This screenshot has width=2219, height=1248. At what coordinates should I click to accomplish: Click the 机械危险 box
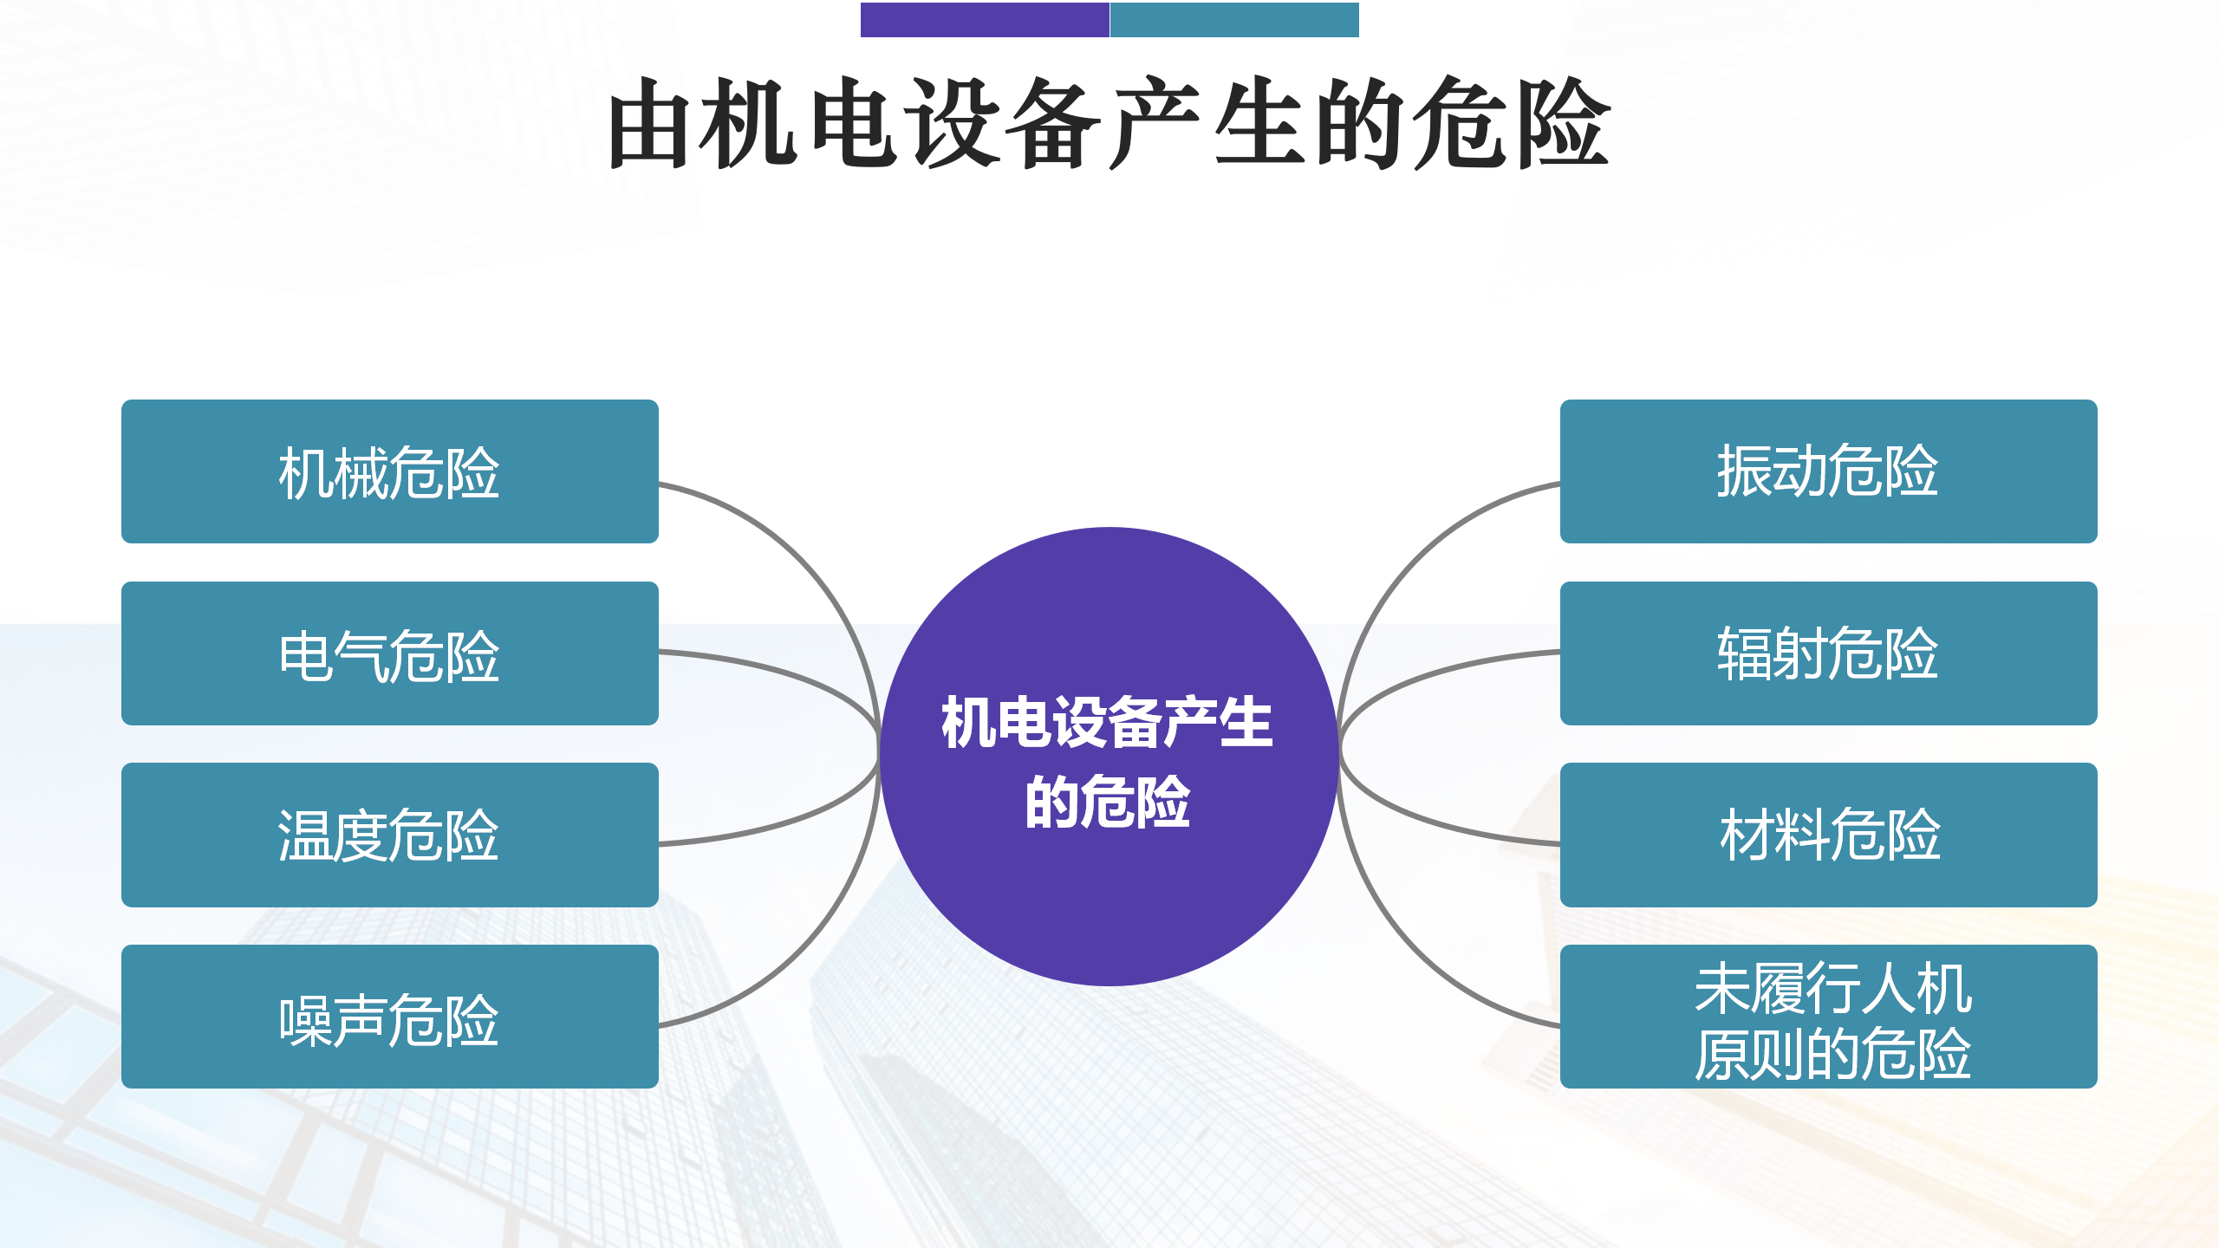point(390,471)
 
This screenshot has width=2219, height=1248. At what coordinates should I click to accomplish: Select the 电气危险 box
point(390,653)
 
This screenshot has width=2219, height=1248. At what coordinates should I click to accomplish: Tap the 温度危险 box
point(390,835)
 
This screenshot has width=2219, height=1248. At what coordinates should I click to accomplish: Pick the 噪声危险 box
point(390,1017)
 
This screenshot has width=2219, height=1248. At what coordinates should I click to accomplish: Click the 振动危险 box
point(1829,471)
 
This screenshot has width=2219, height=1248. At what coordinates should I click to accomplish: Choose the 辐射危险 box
point(1829,653)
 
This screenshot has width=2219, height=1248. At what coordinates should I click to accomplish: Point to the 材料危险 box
point(1829,835)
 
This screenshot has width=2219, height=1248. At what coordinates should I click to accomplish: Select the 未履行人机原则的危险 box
point(1829,1017)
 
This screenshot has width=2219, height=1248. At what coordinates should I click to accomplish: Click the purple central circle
point(1109,756)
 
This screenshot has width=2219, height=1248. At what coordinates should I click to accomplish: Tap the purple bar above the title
point(985,20)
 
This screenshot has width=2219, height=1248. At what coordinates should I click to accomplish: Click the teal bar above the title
point(1234,20)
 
